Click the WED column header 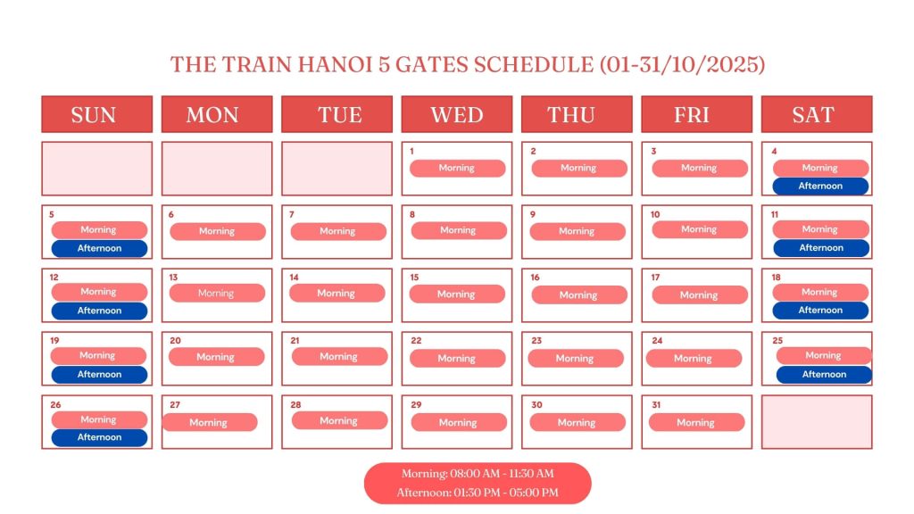[456, 114]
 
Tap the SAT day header [817, 114]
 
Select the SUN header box [96, 114]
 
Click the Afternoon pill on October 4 [820, 186]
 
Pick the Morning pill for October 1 [457, 168]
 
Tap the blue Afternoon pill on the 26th [99, 437]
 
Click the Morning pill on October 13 [217, 293]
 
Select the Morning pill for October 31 [696, 422]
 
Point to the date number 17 [655, 278]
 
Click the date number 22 [416, 340]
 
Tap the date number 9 [533, 214]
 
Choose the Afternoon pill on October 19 [99, 374]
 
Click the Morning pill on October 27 [209, 422]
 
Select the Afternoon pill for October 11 [821, 248]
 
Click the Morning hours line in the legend [478, 474]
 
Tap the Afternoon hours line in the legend [478, 493]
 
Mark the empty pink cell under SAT [817, 422]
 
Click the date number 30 [536, 404]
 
